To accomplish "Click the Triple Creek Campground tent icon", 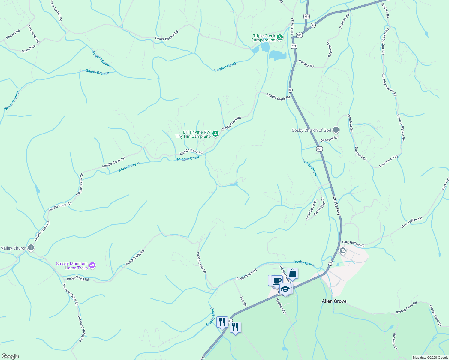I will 280,37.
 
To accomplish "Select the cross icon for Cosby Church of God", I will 336,130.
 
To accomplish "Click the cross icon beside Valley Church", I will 31,248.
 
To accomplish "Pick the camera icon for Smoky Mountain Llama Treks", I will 92,265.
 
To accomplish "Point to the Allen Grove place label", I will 334,301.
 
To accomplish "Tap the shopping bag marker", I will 292,274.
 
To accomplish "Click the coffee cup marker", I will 277,281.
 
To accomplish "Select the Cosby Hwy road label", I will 337,206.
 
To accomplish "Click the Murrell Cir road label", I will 29,49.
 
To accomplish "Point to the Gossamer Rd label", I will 33,33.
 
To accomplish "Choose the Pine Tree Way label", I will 389,161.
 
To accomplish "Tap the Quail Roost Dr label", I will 311,210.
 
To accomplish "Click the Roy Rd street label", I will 243,301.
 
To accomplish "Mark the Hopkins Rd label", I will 281,306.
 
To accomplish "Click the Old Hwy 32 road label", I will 292,26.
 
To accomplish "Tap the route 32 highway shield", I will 290,90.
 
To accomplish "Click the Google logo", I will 10,356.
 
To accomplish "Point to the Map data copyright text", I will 430,358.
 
